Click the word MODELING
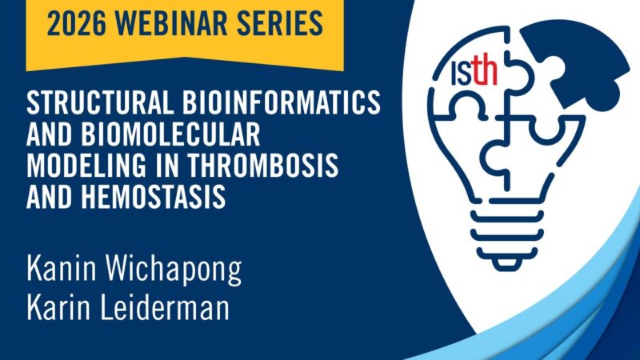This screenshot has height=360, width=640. tap(82, 163)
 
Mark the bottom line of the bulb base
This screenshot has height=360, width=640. tap(505, 257)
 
